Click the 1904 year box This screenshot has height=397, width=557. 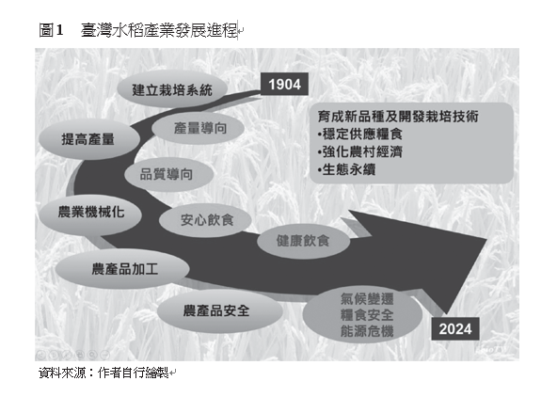coord(284,84)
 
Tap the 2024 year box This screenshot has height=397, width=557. coord(455,329)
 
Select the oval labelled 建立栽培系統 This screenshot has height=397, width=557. coord(172,89)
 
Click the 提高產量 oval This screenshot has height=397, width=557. coord(88,139)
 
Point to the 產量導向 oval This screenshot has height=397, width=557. coord(199,128)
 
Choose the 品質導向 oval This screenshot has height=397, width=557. coord(168,174)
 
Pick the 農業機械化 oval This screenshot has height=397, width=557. coord(90,213)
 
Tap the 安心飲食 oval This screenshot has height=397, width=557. coord(205,220)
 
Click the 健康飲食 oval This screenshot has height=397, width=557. coord(303,241)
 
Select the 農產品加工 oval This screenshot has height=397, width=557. coord(122,269)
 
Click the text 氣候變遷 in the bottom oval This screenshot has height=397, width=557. coord(367,299)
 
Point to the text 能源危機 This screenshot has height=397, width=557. coord(367,331)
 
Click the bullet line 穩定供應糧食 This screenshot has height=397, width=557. coord(359,134)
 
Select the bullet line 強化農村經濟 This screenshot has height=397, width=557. coord(359,151)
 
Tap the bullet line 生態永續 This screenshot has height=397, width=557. coord(346,169)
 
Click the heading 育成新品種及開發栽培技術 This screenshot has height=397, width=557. coord(397,116)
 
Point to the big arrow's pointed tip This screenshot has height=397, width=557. coord(486,239)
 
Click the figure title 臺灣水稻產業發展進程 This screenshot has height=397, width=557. coord(158,30)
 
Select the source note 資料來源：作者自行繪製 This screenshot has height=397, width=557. coord(103,373)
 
